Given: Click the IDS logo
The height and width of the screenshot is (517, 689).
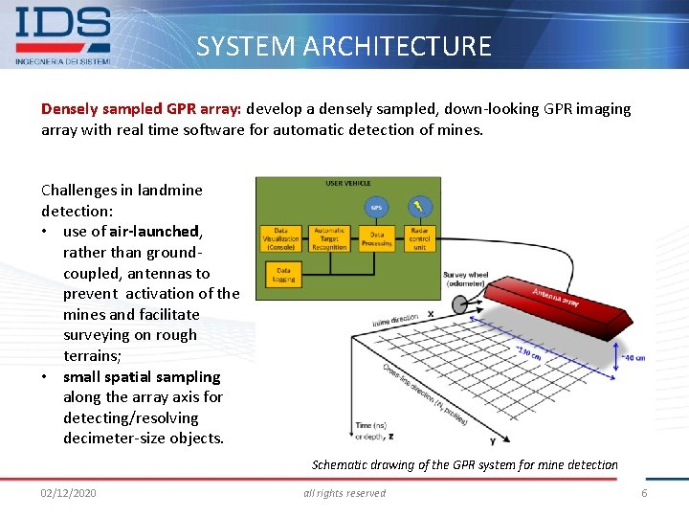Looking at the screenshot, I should click(x=63, y=34).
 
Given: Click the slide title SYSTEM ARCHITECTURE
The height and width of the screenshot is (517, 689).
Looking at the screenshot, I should click(x=344, y=46).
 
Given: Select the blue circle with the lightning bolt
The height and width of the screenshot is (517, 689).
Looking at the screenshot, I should click(x=418, y=206).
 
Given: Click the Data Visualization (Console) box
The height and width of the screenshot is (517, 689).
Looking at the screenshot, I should click(x=280, y=238).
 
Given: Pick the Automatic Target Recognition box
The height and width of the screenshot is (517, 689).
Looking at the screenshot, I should click(x=328, y=238).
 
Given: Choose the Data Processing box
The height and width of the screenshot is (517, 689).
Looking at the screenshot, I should click(x=376, y=238).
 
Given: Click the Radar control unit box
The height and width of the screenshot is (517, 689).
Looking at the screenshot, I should click(x=419, y=238).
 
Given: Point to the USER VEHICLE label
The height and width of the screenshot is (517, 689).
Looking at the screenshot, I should click(x=347, y=183).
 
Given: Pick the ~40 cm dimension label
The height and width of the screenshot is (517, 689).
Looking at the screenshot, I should click(x=633, y=358).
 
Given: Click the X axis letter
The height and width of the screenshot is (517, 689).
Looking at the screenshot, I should click(x=430, y=313).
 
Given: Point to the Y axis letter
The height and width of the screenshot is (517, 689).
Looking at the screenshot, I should click(x=492, y=440).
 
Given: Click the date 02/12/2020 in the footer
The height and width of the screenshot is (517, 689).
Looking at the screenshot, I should click(x=68, y=493).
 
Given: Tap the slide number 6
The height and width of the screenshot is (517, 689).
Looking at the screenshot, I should click(x=644, y=493).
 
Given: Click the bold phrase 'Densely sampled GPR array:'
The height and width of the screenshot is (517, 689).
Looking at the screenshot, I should click(x=141, y=109).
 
